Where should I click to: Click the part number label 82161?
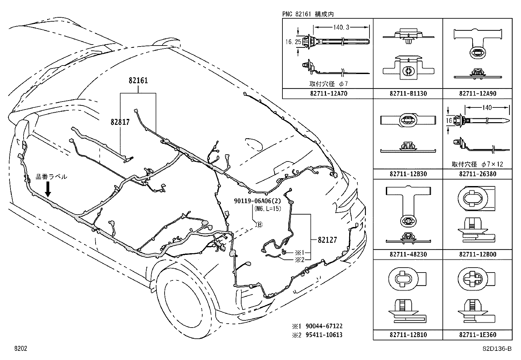[x=138, y=81]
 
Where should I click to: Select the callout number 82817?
[x=120, y=123]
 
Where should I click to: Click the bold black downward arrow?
[x=48, y=189]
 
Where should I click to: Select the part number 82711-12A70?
[x=328, y=94]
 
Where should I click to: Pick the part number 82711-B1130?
[x=408, y=94]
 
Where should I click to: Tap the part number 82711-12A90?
[x=477, y=94]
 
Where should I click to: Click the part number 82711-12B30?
[x=408, y=174]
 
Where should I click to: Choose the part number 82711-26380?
[x=477, y=174]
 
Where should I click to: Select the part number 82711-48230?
[x=408, y=254]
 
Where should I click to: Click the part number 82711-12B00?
[x=477, y=254]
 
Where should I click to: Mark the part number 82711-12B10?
[x=408, y=335]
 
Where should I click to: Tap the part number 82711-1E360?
[x=477, y=335]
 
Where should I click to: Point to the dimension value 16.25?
[x=293, y=42]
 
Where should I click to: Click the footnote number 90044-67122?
[x=324, y=326]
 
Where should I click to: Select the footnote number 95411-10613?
[x=324, y=335]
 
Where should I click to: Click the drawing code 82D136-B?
[x=497, y=349]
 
